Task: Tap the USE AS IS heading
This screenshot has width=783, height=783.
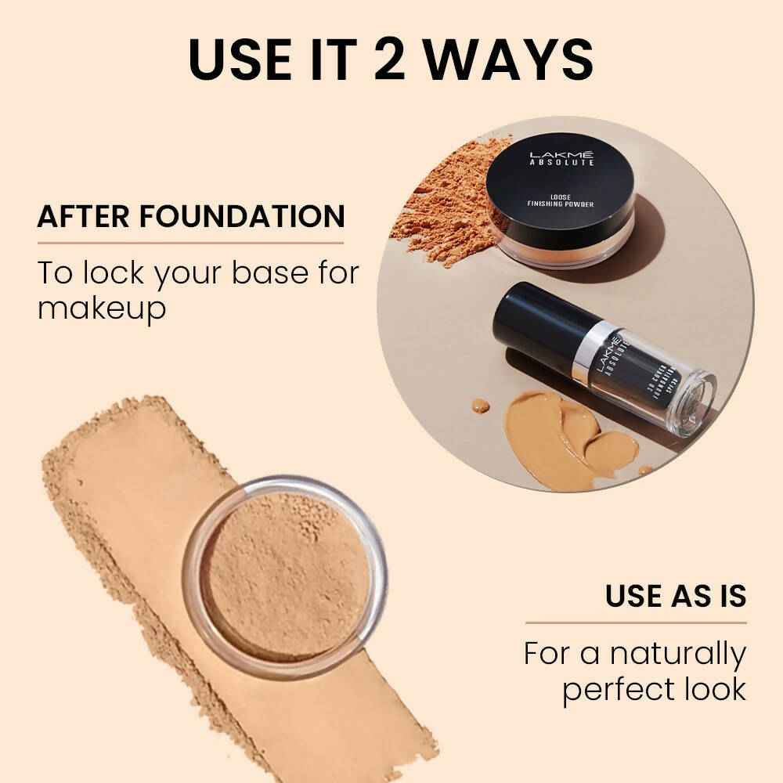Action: (x=675, y=596)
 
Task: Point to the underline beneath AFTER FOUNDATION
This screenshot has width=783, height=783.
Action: (x=190, y=244)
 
